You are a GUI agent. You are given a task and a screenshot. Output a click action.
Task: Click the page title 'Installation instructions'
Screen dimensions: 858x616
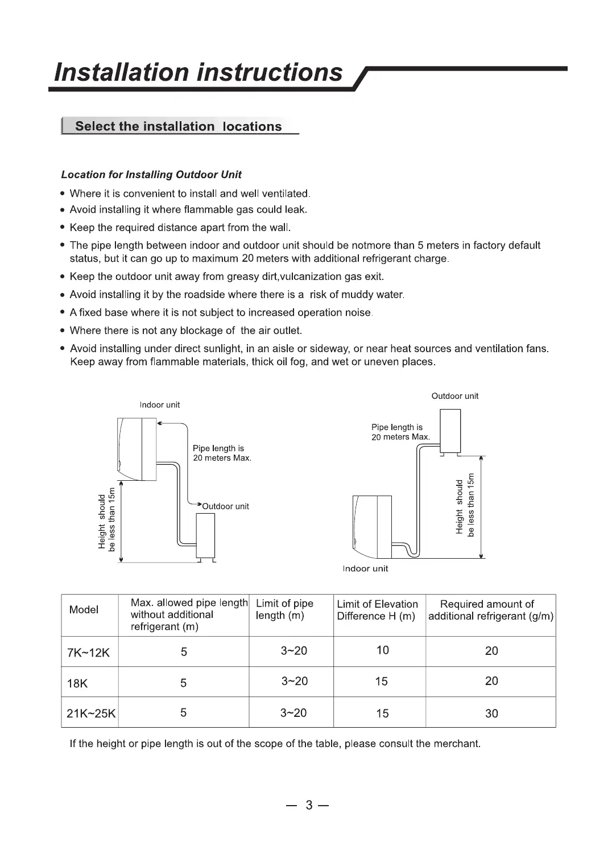click(198, 72)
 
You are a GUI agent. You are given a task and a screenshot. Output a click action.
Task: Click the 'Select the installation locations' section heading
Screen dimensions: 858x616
click(178, 126)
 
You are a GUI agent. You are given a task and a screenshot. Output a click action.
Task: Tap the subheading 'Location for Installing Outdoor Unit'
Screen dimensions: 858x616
click(151, 175)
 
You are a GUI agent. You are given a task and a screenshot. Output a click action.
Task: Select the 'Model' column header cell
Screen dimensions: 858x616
click(84, 610)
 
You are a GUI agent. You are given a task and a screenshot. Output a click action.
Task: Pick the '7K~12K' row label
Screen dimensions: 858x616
click(88, 653)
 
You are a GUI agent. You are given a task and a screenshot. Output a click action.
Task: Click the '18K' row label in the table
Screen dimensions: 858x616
click(77, 683)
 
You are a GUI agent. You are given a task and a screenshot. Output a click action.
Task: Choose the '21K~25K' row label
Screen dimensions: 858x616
click(91, 713)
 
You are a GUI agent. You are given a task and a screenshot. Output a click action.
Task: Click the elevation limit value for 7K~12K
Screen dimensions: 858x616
click(382, 650)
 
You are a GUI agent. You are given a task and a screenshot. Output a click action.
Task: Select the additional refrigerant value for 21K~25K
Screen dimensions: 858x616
click(491, 713)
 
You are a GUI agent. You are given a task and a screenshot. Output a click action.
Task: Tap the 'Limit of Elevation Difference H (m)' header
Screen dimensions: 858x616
click(377, 610)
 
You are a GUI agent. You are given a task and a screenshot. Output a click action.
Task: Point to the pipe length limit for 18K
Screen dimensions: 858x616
click(294, 681)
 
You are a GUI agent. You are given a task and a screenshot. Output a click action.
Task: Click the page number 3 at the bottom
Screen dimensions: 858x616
click(309, 805)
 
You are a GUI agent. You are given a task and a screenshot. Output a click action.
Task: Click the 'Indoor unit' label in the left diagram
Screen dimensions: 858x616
click(160, 405)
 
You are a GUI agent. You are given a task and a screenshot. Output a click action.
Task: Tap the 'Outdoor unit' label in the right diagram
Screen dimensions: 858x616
click(454, 396)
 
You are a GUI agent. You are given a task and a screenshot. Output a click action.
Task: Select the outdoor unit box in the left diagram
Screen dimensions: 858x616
click(205, 536)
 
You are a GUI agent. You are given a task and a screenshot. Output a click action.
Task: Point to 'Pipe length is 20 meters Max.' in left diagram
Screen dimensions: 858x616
click(222, 453)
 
